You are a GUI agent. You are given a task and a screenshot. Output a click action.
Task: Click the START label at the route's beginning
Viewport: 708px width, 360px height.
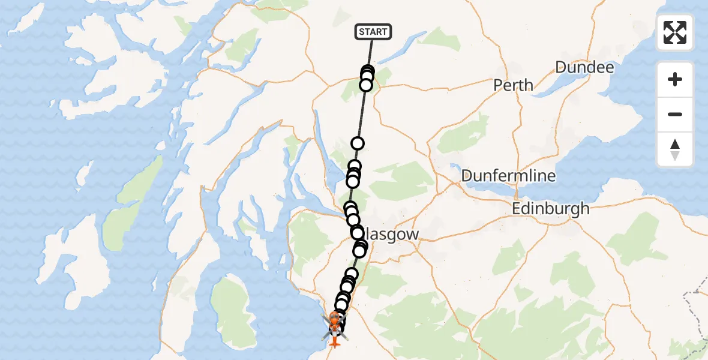[x=373, y=32]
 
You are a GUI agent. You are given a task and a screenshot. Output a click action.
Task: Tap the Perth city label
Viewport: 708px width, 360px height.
[x=513, y=85]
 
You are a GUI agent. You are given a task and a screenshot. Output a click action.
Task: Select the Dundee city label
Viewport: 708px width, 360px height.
[x=584, y=67]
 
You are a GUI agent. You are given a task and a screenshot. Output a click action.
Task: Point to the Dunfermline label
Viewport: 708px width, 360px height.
[x=508, y=176]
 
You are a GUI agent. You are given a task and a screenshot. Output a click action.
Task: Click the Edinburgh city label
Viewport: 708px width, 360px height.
[x=551, y=209]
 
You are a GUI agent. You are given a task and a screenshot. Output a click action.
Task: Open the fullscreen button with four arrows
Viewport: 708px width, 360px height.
[x=675, y=32]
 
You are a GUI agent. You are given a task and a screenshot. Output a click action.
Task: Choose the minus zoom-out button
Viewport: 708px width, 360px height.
[x=675, y=115]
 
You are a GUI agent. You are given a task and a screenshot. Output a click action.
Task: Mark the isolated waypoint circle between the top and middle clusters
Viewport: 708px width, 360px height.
[x=358, y=143]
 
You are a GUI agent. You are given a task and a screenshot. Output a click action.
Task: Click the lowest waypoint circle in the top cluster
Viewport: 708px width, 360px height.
[x=365, y=85]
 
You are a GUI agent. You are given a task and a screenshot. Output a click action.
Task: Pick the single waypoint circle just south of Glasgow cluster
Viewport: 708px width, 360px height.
[x=352, y=274]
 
